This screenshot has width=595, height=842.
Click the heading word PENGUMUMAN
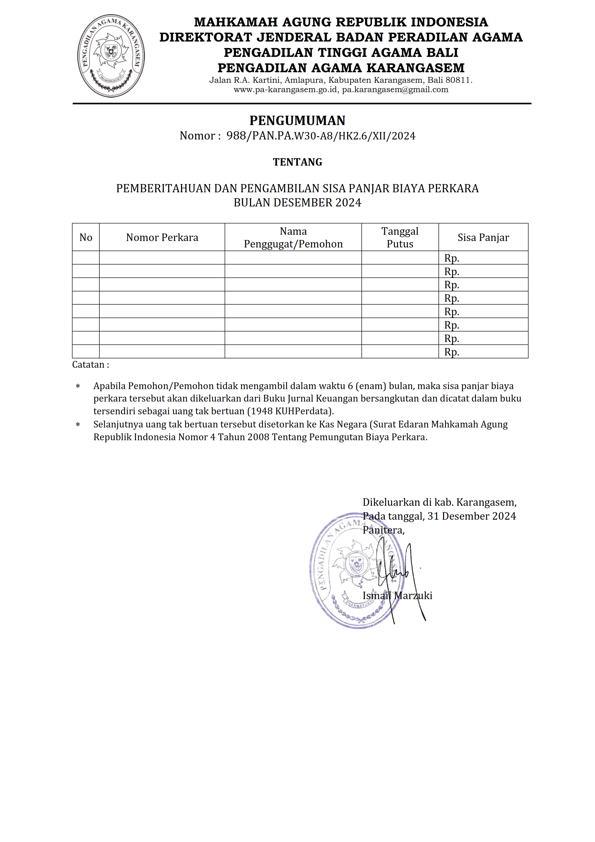click(297, 121)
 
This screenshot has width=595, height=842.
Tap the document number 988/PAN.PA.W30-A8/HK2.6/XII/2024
click(321, 136)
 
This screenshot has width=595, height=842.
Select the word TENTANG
click(297, 162)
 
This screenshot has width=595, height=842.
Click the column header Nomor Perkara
click(162, 238)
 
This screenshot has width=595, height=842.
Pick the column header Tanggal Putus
click(400, 238)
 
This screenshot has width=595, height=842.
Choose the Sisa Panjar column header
click(483, 238)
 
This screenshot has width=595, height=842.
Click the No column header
click(86, 238)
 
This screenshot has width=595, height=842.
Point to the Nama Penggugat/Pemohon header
click(293, 238)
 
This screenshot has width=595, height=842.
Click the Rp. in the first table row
click(452, 258)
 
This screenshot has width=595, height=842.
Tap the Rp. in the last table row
click(452, 352)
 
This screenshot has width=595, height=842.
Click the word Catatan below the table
click(88, 365)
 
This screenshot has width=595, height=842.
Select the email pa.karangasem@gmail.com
click(395, 90)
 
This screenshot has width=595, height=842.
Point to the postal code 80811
click(458, 80)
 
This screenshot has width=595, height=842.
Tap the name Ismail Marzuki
click(397, 595)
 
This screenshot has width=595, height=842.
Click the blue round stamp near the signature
click(341, 572)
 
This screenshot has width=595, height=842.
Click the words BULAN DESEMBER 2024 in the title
click(297, 203)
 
